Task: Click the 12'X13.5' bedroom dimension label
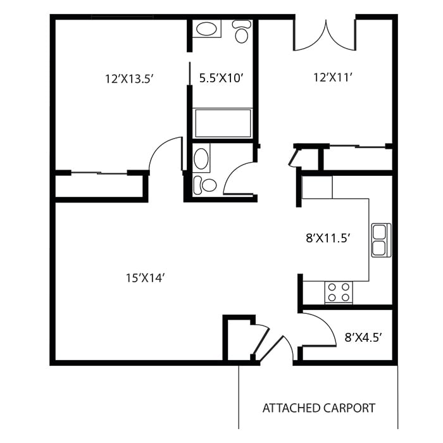pyautogui.click(x=129, y=79)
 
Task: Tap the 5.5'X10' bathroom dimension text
pyautogui.click(x=221, y=78)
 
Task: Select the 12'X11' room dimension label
pyautogui.click(x=334, y=77)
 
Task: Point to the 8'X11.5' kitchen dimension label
pyautogui.click(x=328, y=238)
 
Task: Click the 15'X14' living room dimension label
pyautogui.click(x=145, y=278)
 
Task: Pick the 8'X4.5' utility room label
pyautogui.click(x=363, y=337)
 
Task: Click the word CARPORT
pyautogui.click(x=349, y=408)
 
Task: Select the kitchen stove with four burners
pyautogui.click(x=339, y=292)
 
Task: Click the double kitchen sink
pyautogui.click(x=381, y=240)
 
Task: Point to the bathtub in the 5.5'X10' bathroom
pyautogui.click(x=223, y=123)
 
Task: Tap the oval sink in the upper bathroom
pyautogui.click(x=206, y=29)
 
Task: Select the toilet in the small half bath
pyautogui.click(x=204, y=185)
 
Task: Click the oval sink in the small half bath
pyautogui.click(x=201, y=158)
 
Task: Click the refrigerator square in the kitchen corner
pyautogui.click(x=317, y=187)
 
